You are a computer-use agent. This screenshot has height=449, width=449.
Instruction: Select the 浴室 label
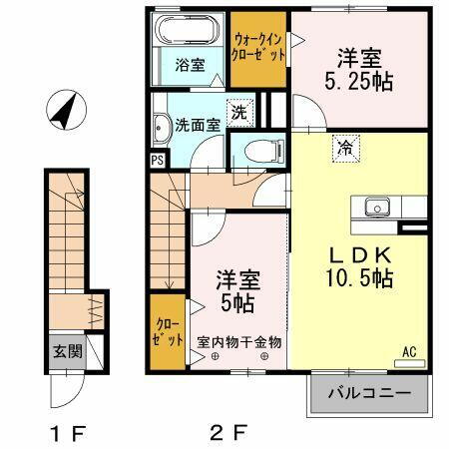[x=191, y=66]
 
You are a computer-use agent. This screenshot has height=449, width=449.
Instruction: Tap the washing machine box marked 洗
[x=239, y=113]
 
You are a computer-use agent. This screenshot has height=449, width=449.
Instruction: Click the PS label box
[x=158, y=159]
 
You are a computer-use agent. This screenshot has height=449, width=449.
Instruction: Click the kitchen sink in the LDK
[x=377, y=207]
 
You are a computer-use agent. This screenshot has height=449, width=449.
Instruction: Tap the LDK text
[x=355, y=252]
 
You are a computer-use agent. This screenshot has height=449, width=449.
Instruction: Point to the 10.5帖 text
[x=356, y=279]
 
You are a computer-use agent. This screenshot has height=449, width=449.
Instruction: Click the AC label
[x=408, y=351]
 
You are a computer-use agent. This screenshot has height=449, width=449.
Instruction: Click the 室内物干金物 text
[x=239, y=341]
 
